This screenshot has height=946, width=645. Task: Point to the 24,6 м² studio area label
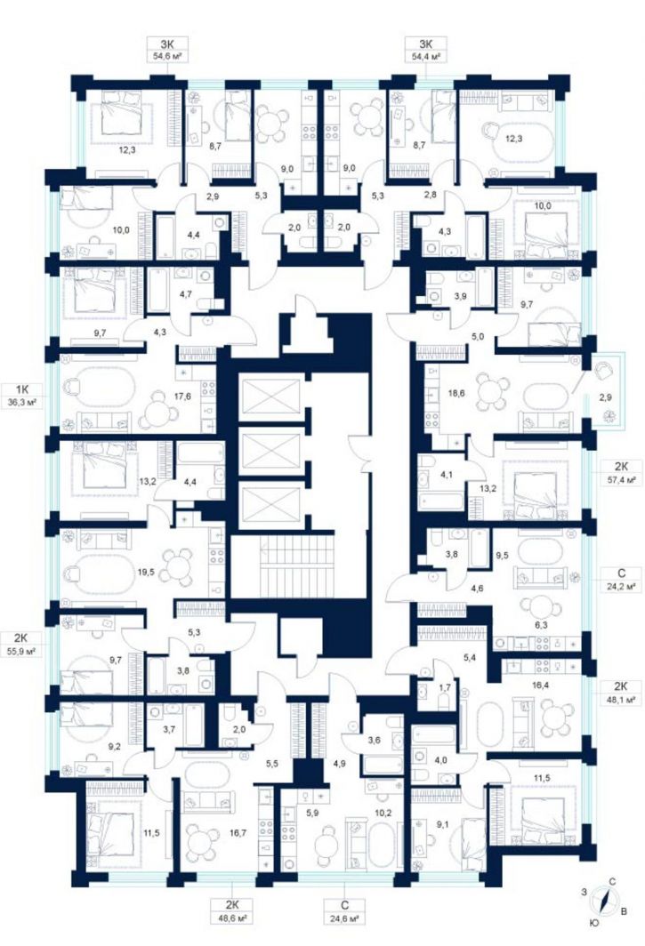click(x=344, y=919)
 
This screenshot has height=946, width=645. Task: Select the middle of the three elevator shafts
click(x=270, y=451)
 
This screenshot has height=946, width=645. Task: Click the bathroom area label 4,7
click(x=185, y=295)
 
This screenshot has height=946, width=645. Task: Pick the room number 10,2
click(x=384, y=812)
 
